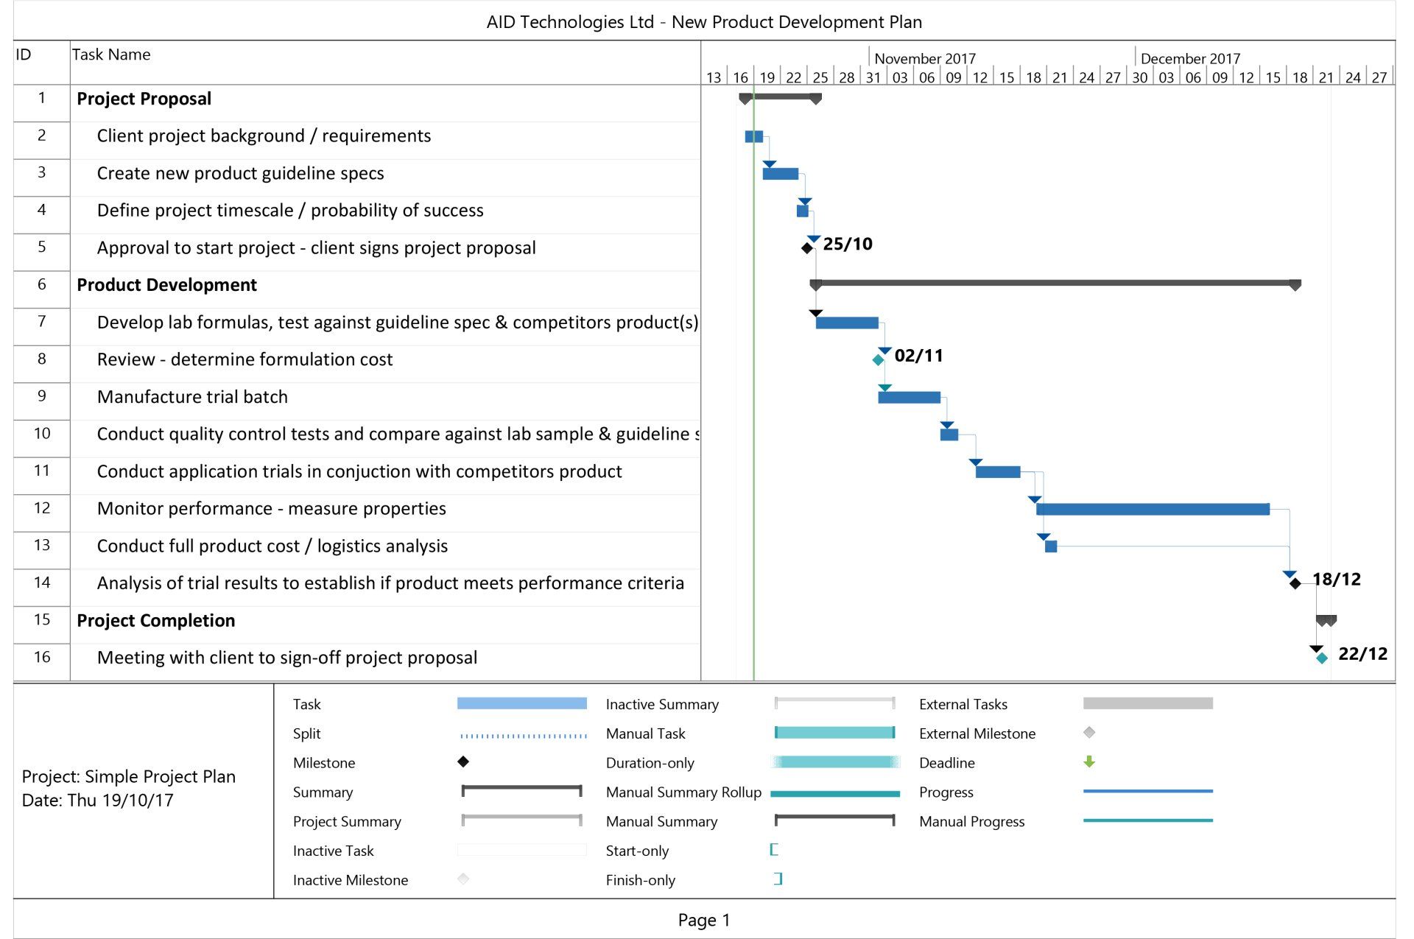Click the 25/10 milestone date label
point(847,244)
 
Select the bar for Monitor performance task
point(1153,509)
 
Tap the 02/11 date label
point(918,356)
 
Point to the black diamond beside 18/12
point(1295,584)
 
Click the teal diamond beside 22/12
point(1322,658)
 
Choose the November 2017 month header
point(924,58)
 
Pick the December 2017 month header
point(1190,58)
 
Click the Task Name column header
point(111,54)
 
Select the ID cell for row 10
point(42,434)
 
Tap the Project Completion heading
point(156,621)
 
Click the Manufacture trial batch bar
point(909,398)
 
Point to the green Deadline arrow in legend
point(1089,762)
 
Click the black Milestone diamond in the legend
point(463,762)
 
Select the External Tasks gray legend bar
point(1147,703)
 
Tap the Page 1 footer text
point(704,920)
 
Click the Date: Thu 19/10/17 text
point(98,801)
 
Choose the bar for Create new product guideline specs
point(781,174)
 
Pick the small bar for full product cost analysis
point(1051,546)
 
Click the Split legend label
point(306,734)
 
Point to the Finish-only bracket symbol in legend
point(778,879)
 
